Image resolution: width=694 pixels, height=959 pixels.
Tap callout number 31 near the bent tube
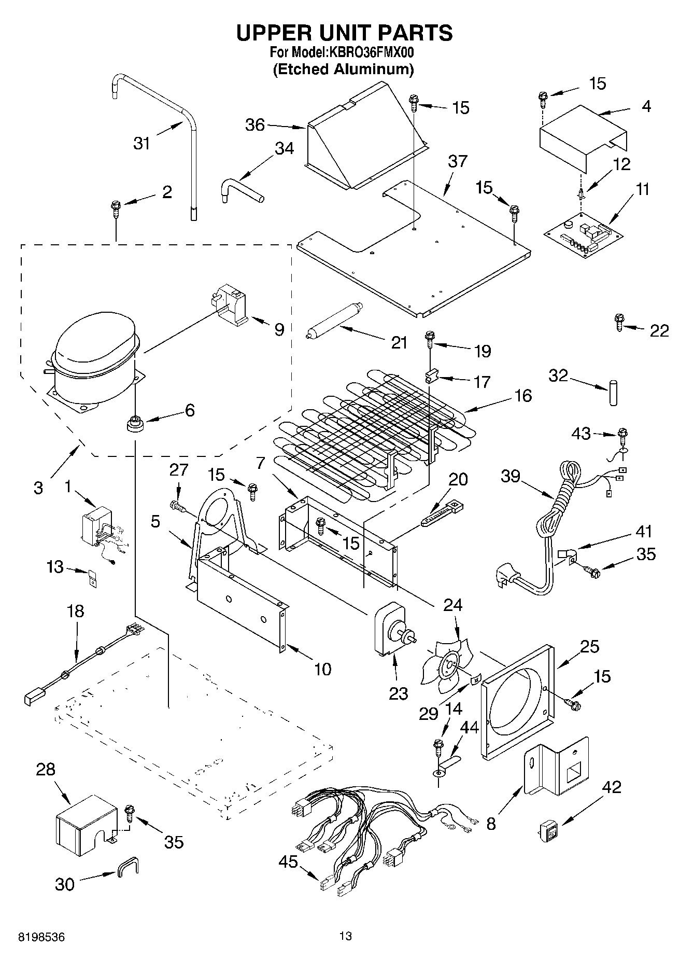coord(142,143)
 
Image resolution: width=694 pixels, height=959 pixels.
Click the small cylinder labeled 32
coord(614,393)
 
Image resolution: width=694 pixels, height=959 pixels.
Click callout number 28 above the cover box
coord(46,769)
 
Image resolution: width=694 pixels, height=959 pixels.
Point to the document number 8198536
coord(41,938)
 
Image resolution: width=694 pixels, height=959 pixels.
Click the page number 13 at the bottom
coord(346,936)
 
